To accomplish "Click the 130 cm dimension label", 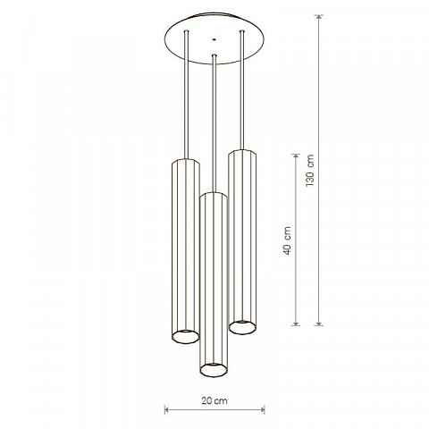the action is click(310, 170).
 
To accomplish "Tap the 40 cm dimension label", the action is click(287, 240).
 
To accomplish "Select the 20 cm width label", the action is click(214, 400).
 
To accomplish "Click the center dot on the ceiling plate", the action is click(214, 38).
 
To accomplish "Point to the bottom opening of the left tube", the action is click(186, 337).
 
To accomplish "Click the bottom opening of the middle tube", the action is click(214, 370).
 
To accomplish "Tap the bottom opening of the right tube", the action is click(242, 327).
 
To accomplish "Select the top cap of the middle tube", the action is click(214, 195).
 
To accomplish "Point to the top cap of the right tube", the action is click(242, 152).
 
